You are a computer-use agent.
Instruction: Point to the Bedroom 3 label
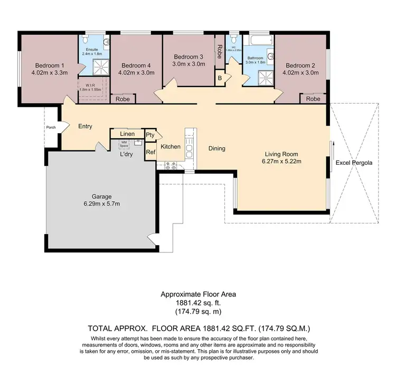point(188,57)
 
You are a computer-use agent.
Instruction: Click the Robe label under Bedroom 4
point(122,99)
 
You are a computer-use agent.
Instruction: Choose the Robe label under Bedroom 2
point(313,99)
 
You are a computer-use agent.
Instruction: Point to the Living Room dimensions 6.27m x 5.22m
point(282,162)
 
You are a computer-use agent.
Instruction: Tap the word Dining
point(216,148)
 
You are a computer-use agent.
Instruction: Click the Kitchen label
point(171,147)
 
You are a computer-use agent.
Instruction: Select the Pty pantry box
point(150,135)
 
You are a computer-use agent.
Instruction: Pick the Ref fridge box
point(150,152)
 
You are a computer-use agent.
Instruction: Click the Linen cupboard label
point(127,134)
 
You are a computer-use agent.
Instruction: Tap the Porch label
point(51,127)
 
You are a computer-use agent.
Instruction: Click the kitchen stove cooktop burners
point(171,165)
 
